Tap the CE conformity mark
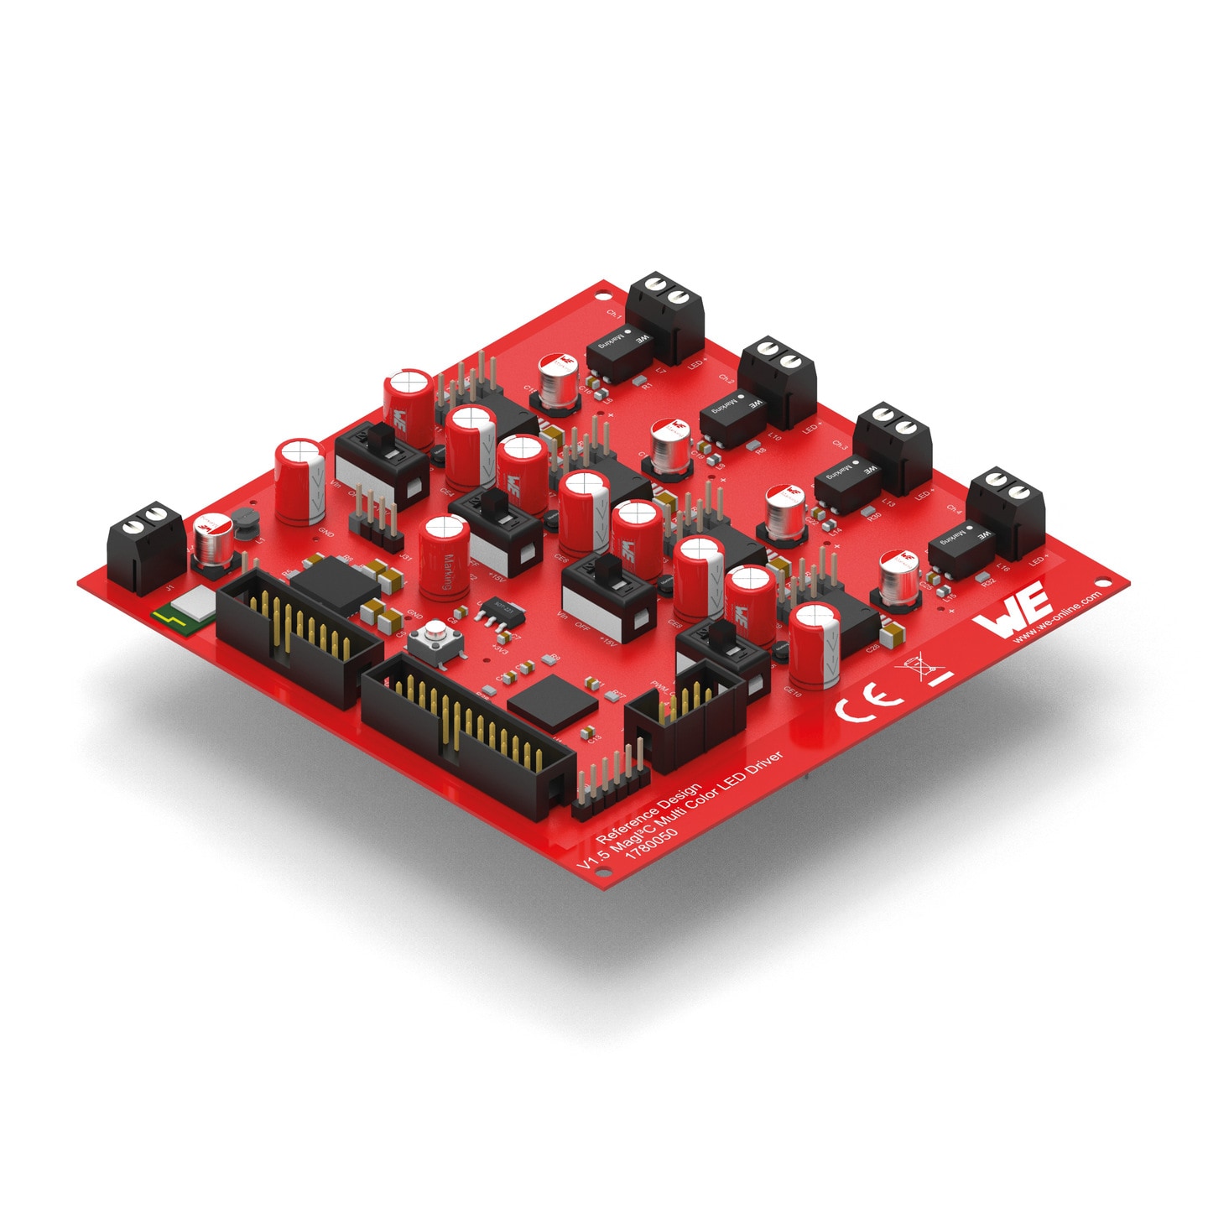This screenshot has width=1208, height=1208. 869,701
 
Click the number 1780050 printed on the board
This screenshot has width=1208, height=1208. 652,844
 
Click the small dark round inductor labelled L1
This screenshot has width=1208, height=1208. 244,522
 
